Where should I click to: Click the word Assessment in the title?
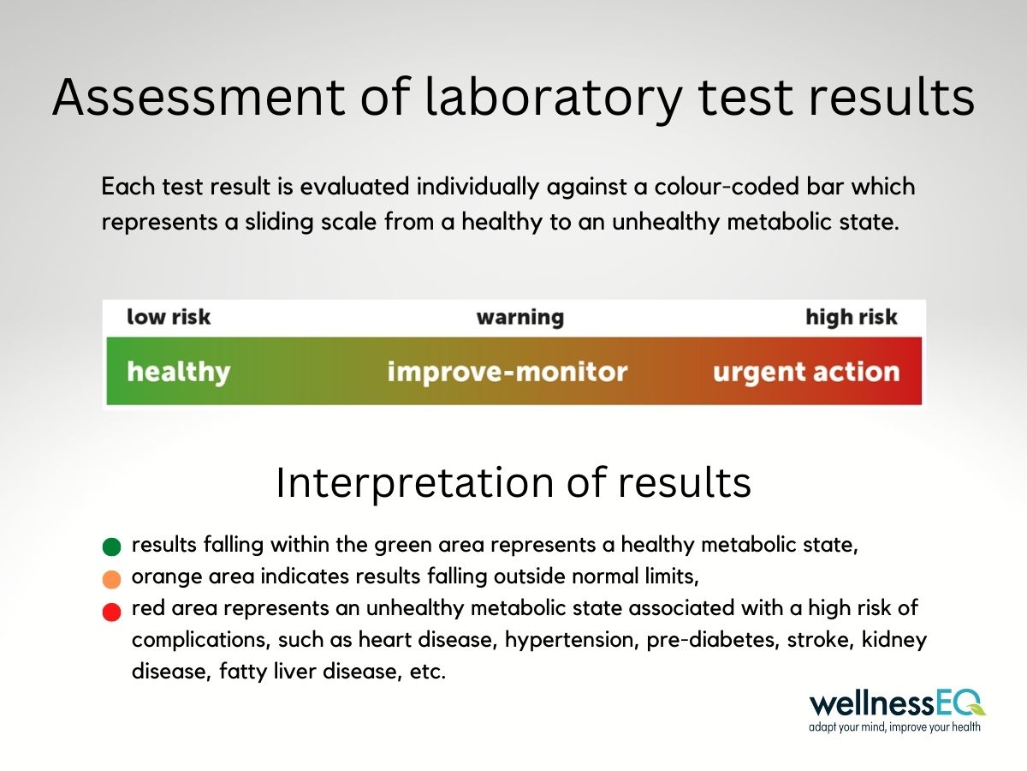pyautogui.click(x=199, y=97)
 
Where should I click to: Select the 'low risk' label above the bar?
pyautogui.click(x=169, y=317)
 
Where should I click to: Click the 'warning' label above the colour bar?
pyautogui.click(x=519, y=318)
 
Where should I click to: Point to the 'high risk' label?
pyautogui.click(x=851, y=317)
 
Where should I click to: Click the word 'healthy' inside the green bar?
pyautogui.click(x=178, y=372)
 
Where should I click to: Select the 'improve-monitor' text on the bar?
pyautogui.click(x=508, y=372)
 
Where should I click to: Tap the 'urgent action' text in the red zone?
pyautogui.click(x=806, y=372)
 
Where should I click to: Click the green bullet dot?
pyautogui.click(x=111, y=547)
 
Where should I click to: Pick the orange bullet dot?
pyautogui.click(x=111, y=579)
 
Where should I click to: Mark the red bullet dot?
pyautogui.click(x=111, y=612)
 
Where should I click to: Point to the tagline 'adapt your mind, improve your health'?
pyautogui.click(x=894, y=727)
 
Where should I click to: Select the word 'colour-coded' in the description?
pyautogui.click(x=727, y=186)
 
